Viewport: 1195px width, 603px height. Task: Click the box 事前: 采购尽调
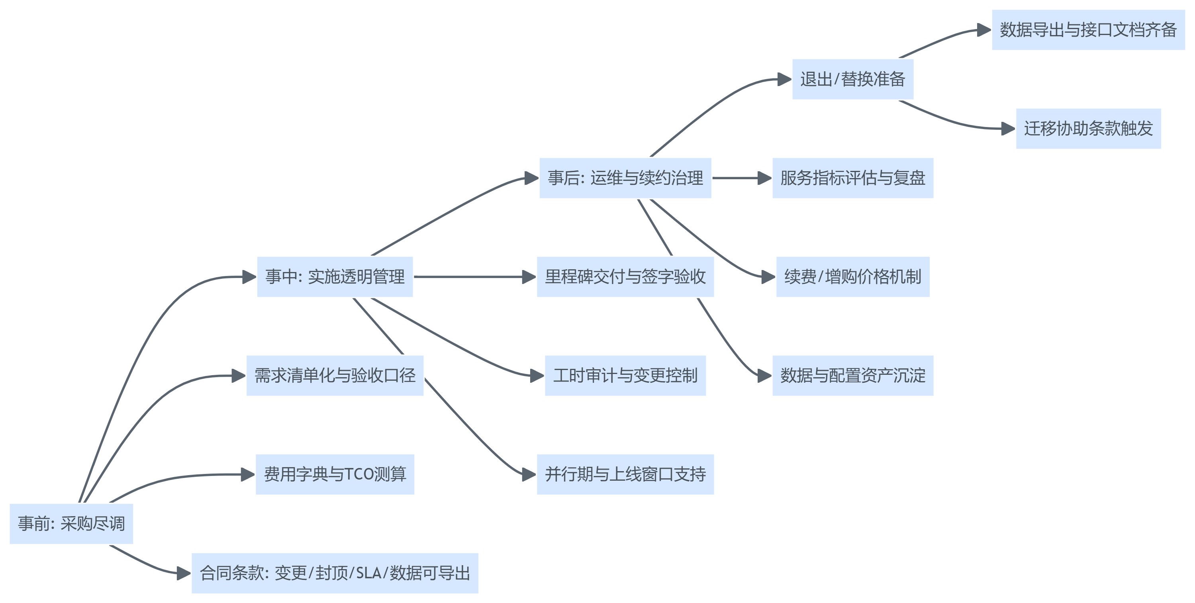[x=71, y=524]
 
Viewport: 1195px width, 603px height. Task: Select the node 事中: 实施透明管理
[x=335, y=277]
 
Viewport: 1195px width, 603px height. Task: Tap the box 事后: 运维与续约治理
[x=625, y=178]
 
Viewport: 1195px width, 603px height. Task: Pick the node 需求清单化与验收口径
[x=335, y=376]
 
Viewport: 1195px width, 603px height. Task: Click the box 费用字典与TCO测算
[x=335, y=474]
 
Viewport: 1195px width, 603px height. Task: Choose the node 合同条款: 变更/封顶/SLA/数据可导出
[x=335, y=573]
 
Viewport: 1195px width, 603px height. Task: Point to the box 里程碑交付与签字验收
[x=625, y=277]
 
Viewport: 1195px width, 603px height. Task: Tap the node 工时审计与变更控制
[x=625, y=376]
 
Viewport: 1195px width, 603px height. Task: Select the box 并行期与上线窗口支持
[x=625, y=474]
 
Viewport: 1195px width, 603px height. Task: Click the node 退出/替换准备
[x=853, y=79]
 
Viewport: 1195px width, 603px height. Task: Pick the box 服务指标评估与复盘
[x=853, y=178]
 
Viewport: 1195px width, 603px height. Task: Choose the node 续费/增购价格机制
[x=853, y=277]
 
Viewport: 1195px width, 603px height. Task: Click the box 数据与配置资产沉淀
[x=853, y=376]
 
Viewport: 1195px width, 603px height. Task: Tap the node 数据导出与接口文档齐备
[x=1088, y=30]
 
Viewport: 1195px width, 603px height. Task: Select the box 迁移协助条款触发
[x=1088, y=129]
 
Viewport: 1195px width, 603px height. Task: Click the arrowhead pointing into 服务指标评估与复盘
[x=764, y=178]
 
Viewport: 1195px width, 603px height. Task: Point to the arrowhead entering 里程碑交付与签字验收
[x=529, y=277]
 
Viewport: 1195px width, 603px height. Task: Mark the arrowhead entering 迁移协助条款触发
[x=1008, y=129]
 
